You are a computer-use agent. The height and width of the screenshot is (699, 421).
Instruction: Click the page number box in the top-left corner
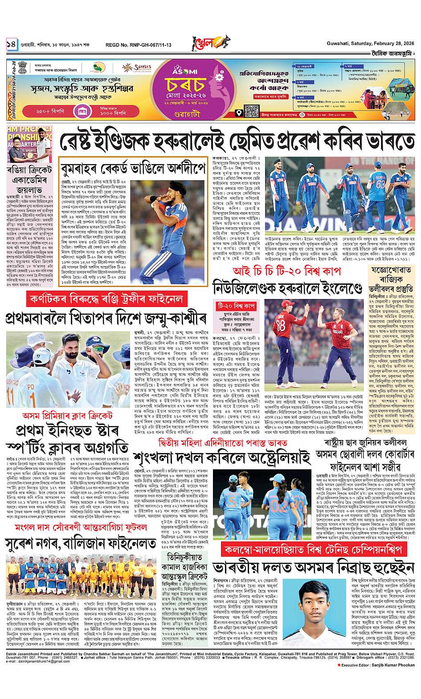[x=11, y=44]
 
